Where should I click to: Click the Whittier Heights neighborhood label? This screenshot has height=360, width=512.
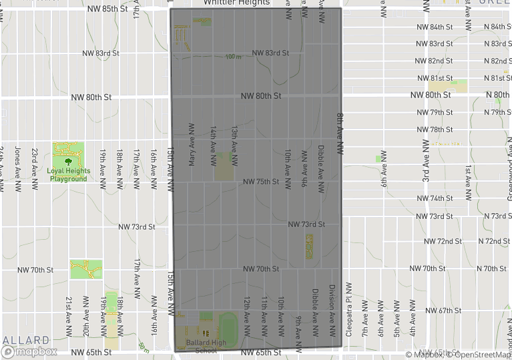(x=237, y=3)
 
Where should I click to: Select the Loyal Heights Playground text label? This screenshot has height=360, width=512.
(x=67, y=174)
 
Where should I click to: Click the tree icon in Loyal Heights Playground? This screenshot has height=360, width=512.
(x=67, y=160)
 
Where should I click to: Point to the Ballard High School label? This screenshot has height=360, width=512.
(x=206, y=347)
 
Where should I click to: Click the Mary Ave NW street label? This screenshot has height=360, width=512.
(x=192, y=144)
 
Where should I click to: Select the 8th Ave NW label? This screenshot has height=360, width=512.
(x=340, y=134)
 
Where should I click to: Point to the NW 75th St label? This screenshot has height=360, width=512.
(x=260, y=182)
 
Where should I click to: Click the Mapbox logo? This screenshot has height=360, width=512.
(x=29, y=351)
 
